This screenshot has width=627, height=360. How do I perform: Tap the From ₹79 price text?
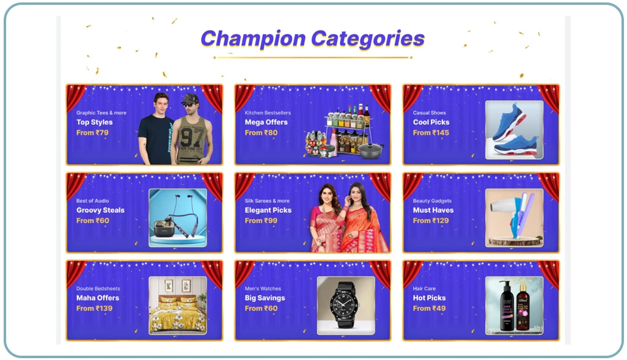click(92, 133)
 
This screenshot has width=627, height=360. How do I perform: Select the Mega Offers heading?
click(266, 122)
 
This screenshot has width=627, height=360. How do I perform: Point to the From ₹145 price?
click(431, 133)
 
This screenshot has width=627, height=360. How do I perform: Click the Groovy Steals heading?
click(100, 210)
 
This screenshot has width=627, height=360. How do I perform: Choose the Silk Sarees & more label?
click(267, 201)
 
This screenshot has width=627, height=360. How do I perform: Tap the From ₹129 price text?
click(431, 221)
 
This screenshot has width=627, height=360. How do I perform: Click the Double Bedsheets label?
click(98, 288)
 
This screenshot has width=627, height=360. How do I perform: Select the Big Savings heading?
click(265, 298)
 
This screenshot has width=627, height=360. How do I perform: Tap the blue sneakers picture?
click(514, 130)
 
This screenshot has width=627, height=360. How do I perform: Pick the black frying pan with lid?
click(371, 150)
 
